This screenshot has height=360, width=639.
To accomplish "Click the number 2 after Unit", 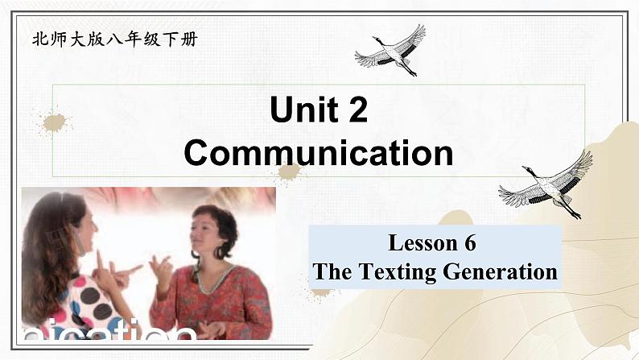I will [x=357, y=110].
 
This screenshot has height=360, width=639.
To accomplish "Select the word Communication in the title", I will [x=318, y=152].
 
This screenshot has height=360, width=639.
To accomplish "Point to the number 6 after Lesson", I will [x=470, y=242].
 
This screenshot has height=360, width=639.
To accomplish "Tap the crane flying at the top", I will [x=392, y=50].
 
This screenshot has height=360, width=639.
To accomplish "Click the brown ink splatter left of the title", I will [x=54, y=122].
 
